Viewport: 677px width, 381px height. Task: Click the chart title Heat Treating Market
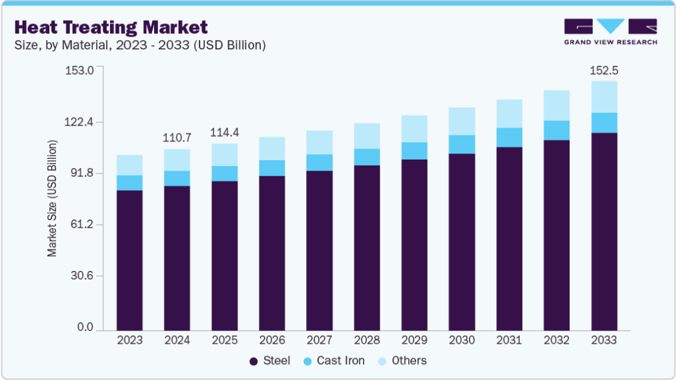pyautogui.click(x=111, y=27)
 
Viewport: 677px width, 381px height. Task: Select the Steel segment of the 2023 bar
pyautogui.click(x=129, y=260)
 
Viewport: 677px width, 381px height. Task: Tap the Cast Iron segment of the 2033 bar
pyautogui.click(x=604, y=123)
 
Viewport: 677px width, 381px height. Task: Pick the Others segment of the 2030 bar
pyautogui.click(x=462, y=121)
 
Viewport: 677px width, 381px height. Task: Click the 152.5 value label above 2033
pyautogui.click(x=604, y=70)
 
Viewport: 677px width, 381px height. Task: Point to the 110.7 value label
pyautogui.click(x=177, y=138)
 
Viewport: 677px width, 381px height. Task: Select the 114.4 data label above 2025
pyautogui.click(x=224, y=133)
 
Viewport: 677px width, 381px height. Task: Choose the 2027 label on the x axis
pyautogui.click(x=319, y=340)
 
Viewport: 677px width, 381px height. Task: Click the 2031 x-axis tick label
pyautogui.click(x=509, y=340)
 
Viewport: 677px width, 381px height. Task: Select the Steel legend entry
pyautogui.click(x=270, y=361)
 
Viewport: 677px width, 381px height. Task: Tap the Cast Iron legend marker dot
pyautogui.click(x=307, y=361)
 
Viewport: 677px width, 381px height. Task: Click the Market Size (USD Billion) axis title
pyautogui.click(x=52, y=199)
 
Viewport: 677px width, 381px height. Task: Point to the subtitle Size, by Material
pyautogui.click(x=140, y=45)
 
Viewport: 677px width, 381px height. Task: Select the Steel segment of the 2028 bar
pyautogui.click(x=367, y=248)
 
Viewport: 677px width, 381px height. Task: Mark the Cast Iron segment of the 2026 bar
pyautogui.click(x=271, y=168)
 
